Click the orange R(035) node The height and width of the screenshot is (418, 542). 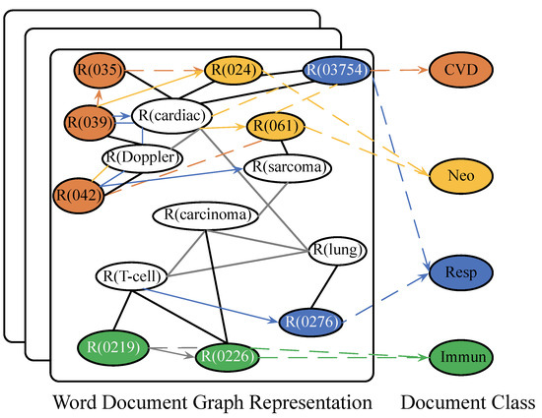coord(98,71)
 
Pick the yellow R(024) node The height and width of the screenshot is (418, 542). coord(234,71)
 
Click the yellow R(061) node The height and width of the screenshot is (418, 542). coord(275,126)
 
